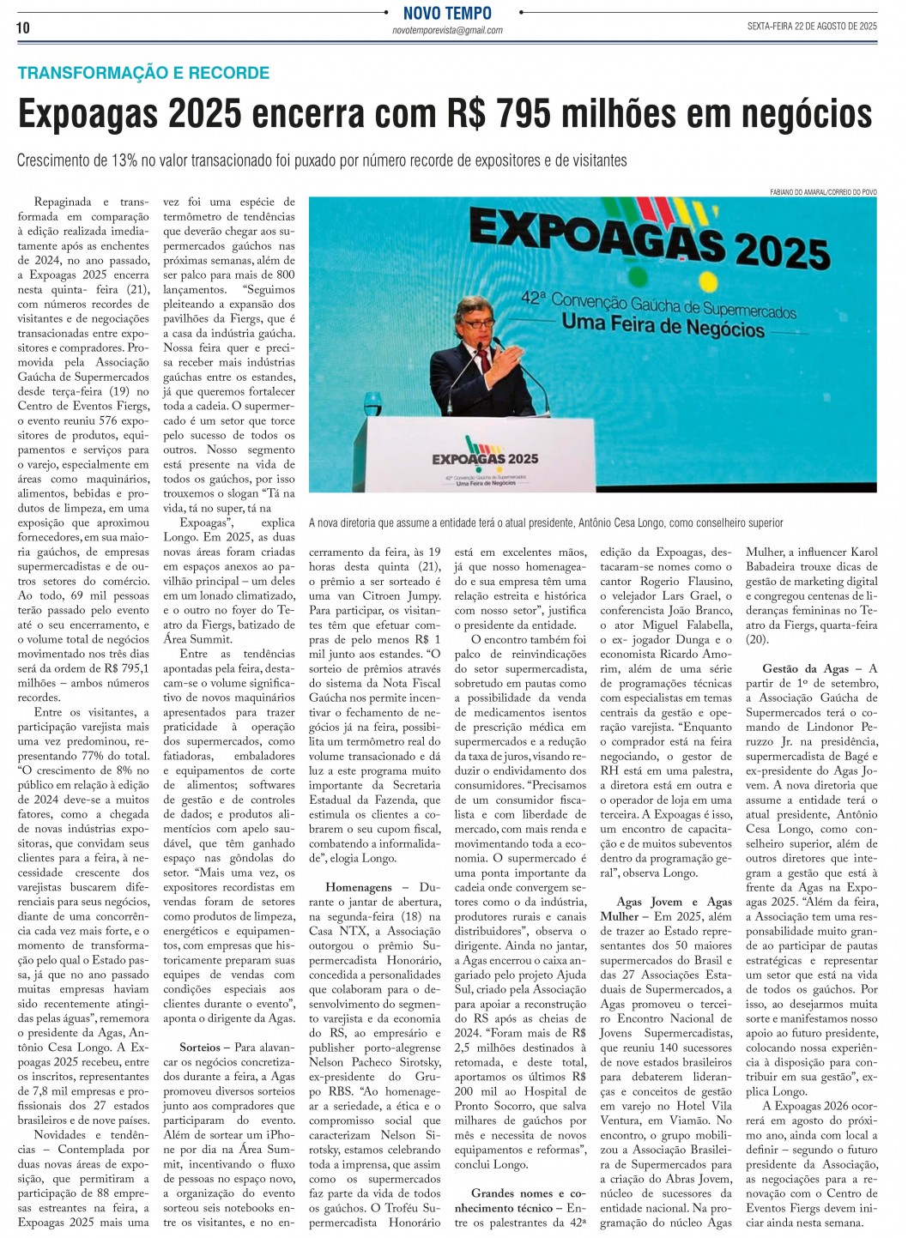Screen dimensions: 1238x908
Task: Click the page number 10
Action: [23, 27]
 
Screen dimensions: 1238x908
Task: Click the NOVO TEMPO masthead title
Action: [447, 13]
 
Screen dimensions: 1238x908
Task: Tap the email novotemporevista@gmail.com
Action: [447, 31]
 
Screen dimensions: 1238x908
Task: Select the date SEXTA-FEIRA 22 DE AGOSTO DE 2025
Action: [812, 27]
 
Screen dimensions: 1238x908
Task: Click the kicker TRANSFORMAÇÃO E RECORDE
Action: [143, 73]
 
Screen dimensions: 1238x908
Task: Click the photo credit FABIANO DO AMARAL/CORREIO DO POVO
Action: [823, 192]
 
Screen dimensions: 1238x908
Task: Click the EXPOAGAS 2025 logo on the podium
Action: [485, 458]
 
